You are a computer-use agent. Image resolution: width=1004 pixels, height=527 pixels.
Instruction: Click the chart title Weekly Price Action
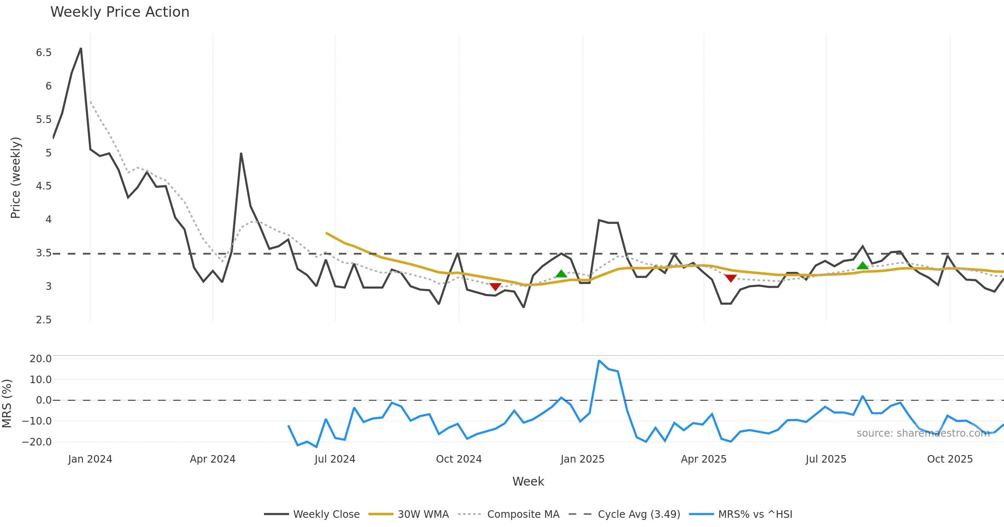click(x=120, y=12)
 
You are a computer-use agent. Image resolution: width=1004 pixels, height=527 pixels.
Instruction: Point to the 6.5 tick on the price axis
click(x=44, y=53)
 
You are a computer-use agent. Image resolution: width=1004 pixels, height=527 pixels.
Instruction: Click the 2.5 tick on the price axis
click(x=44, y=320)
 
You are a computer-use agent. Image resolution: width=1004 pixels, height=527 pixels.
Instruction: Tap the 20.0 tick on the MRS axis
click(x=41, y=359)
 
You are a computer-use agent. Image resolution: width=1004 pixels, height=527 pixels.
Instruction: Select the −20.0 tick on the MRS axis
click(x=37, y=442)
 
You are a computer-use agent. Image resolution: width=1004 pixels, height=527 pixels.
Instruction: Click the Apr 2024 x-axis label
click(x=213, y=459)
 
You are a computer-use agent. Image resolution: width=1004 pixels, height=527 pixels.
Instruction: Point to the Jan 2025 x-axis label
click(x=582, y=459)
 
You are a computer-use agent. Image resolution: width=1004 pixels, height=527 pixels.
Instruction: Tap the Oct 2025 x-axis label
click(x=950, y=459)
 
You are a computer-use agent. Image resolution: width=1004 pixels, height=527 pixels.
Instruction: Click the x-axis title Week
click(x=528, y=482)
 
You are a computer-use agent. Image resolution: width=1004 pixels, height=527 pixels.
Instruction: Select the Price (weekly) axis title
click(x=15, y=178)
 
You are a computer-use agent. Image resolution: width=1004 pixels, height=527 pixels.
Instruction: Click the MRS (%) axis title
click(x=7, y=404)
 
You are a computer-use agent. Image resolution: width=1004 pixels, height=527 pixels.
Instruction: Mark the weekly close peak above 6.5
click(x=81, y=49)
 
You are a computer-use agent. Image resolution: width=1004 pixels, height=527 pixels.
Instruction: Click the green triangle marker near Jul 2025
click(x=863, y=266)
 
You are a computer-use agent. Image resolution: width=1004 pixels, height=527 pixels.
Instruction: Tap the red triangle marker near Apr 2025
click(x=730, y=278)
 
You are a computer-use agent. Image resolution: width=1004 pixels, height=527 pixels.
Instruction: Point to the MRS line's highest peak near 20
click(x=599, y=361)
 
